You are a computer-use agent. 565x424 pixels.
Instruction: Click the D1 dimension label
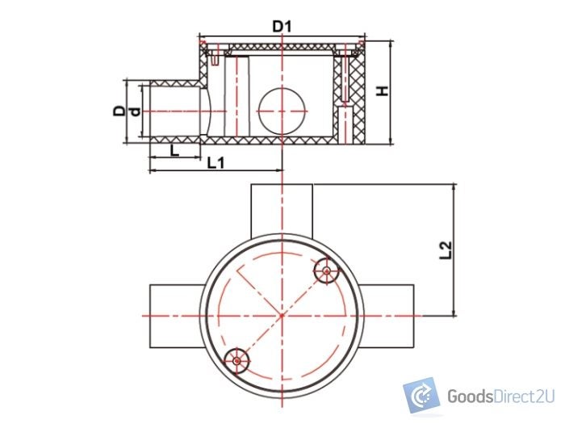tap(281, 27)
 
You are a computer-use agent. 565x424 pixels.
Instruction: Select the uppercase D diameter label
tap(119, 110)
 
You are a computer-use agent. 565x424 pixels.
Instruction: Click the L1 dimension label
tap(216, 163)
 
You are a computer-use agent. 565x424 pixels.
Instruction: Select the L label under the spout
tap(173, 150)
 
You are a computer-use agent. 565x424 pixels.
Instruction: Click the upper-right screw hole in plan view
tap(326, 271)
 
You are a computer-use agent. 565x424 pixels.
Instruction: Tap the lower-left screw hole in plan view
tap(236, 358)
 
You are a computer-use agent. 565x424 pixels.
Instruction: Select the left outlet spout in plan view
tap(173, 314)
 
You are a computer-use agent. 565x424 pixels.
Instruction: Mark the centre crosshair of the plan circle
tap(281, 314)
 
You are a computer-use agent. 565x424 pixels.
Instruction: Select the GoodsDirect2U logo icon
tap(421, 396)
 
